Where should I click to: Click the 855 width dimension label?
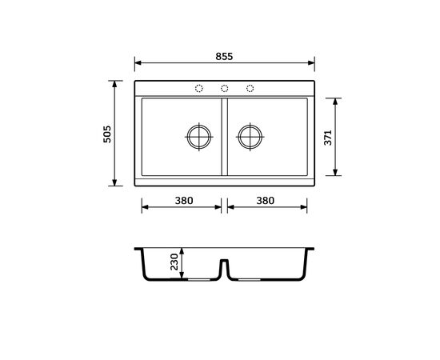[224, 56]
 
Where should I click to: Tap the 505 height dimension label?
[107, 134]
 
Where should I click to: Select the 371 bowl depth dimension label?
[328, 138]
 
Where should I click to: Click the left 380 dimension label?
[184, 201]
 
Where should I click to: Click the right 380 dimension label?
[265, 201]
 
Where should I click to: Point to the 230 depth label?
[174, 262]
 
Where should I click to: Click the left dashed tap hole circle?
[199, 88]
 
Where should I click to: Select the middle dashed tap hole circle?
[224, 88]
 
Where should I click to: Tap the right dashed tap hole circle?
[250, 88]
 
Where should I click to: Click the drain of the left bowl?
[199, 137]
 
